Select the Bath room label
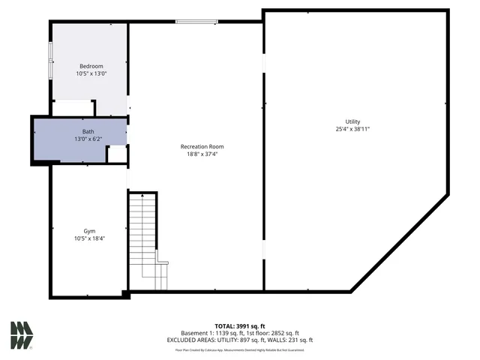[88, 131]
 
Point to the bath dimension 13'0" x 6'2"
[88, 139]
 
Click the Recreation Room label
[202, 146]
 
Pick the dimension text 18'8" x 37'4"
[202, 154]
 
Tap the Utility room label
[352, 121]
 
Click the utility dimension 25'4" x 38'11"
[352, 129]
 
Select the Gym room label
[89, 231]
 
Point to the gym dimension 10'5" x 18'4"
[89, 238]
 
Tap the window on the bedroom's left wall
[50, 59]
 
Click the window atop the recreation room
[197, 22]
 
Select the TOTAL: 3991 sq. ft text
[239, 326]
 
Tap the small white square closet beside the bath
[116, 154]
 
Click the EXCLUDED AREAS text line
[239, 340]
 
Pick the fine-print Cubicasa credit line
[239, 349]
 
